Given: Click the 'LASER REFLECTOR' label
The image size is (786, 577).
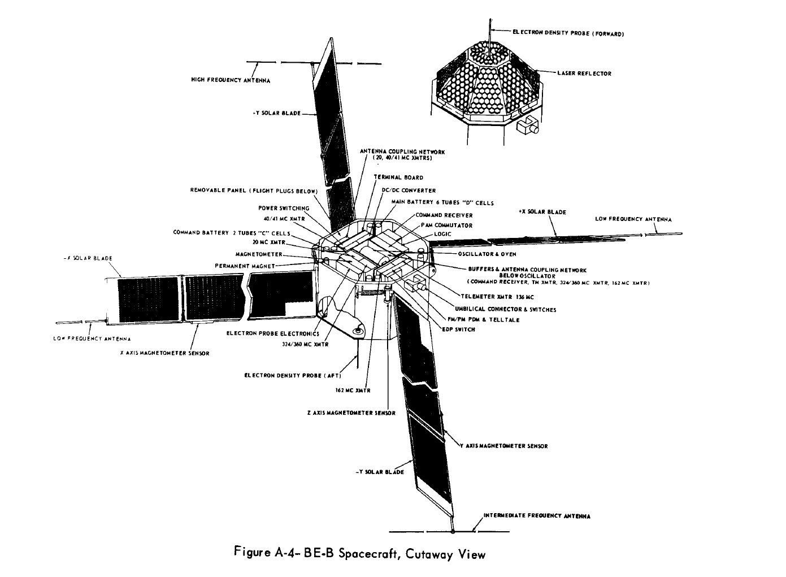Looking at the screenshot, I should [584, 73].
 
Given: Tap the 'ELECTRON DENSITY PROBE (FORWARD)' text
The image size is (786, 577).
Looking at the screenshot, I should [568, 34].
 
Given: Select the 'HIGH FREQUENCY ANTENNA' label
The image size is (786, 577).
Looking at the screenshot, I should [231, 80].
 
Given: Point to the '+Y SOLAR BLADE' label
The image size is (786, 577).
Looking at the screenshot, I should [276, 114].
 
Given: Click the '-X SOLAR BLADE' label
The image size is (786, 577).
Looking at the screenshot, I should [88, 258].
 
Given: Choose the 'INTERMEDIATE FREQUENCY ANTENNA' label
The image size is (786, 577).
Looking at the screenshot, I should [537, 516].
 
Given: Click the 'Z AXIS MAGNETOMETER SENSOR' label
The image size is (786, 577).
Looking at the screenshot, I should [351, 413].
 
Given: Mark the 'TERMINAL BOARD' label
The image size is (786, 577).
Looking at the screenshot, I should [398, 177].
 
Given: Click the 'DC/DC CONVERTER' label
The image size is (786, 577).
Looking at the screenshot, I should [409, 190].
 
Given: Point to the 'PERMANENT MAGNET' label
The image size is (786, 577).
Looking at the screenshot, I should [245, 266].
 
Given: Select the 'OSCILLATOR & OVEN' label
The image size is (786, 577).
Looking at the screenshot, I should [487, 254].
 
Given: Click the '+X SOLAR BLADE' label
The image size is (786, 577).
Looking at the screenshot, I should [542, 212].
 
